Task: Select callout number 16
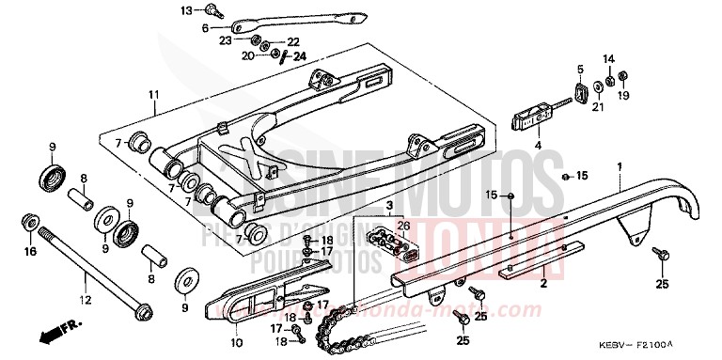tap(29, 252)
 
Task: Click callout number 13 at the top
tap(185, 9)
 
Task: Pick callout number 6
tap(205, 28)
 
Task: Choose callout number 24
tap(300, 56)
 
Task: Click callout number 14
tap(607, 58)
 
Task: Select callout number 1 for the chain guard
tap(647, 166)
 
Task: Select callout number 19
tap(625, 97)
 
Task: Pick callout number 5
tap(580, 69)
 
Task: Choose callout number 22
tap(292, 42)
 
